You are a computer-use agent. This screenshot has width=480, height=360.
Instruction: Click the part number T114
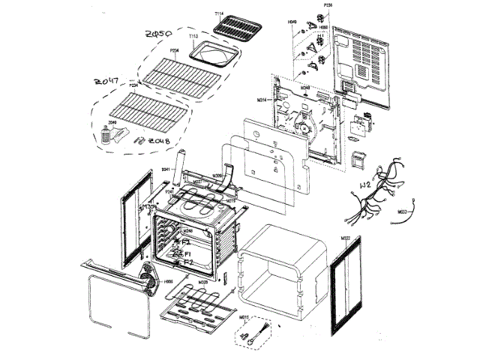click(219, 15)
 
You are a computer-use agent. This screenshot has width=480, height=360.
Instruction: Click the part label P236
click(327, 6)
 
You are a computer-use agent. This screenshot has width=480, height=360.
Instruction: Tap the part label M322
click(346, 238)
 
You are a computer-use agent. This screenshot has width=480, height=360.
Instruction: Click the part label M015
click(244, 318)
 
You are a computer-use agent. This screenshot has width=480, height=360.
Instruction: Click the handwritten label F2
click(189, 263)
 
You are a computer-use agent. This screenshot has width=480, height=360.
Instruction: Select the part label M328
click(203, 283)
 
